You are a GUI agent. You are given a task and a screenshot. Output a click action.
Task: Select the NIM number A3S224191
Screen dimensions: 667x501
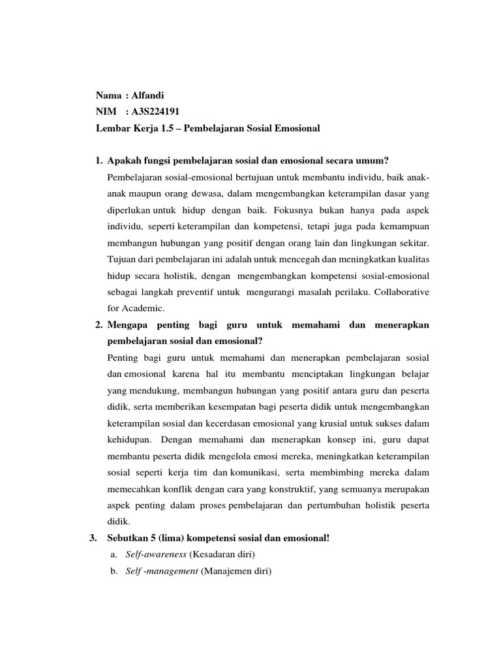coord(156,111)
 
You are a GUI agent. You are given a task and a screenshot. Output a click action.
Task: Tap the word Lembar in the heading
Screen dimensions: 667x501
coord(110,128)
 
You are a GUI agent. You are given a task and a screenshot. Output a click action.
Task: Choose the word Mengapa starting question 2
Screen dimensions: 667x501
coord(127,324)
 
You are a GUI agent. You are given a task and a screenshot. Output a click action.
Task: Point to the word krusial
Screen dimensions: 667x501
coord(333,423)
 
